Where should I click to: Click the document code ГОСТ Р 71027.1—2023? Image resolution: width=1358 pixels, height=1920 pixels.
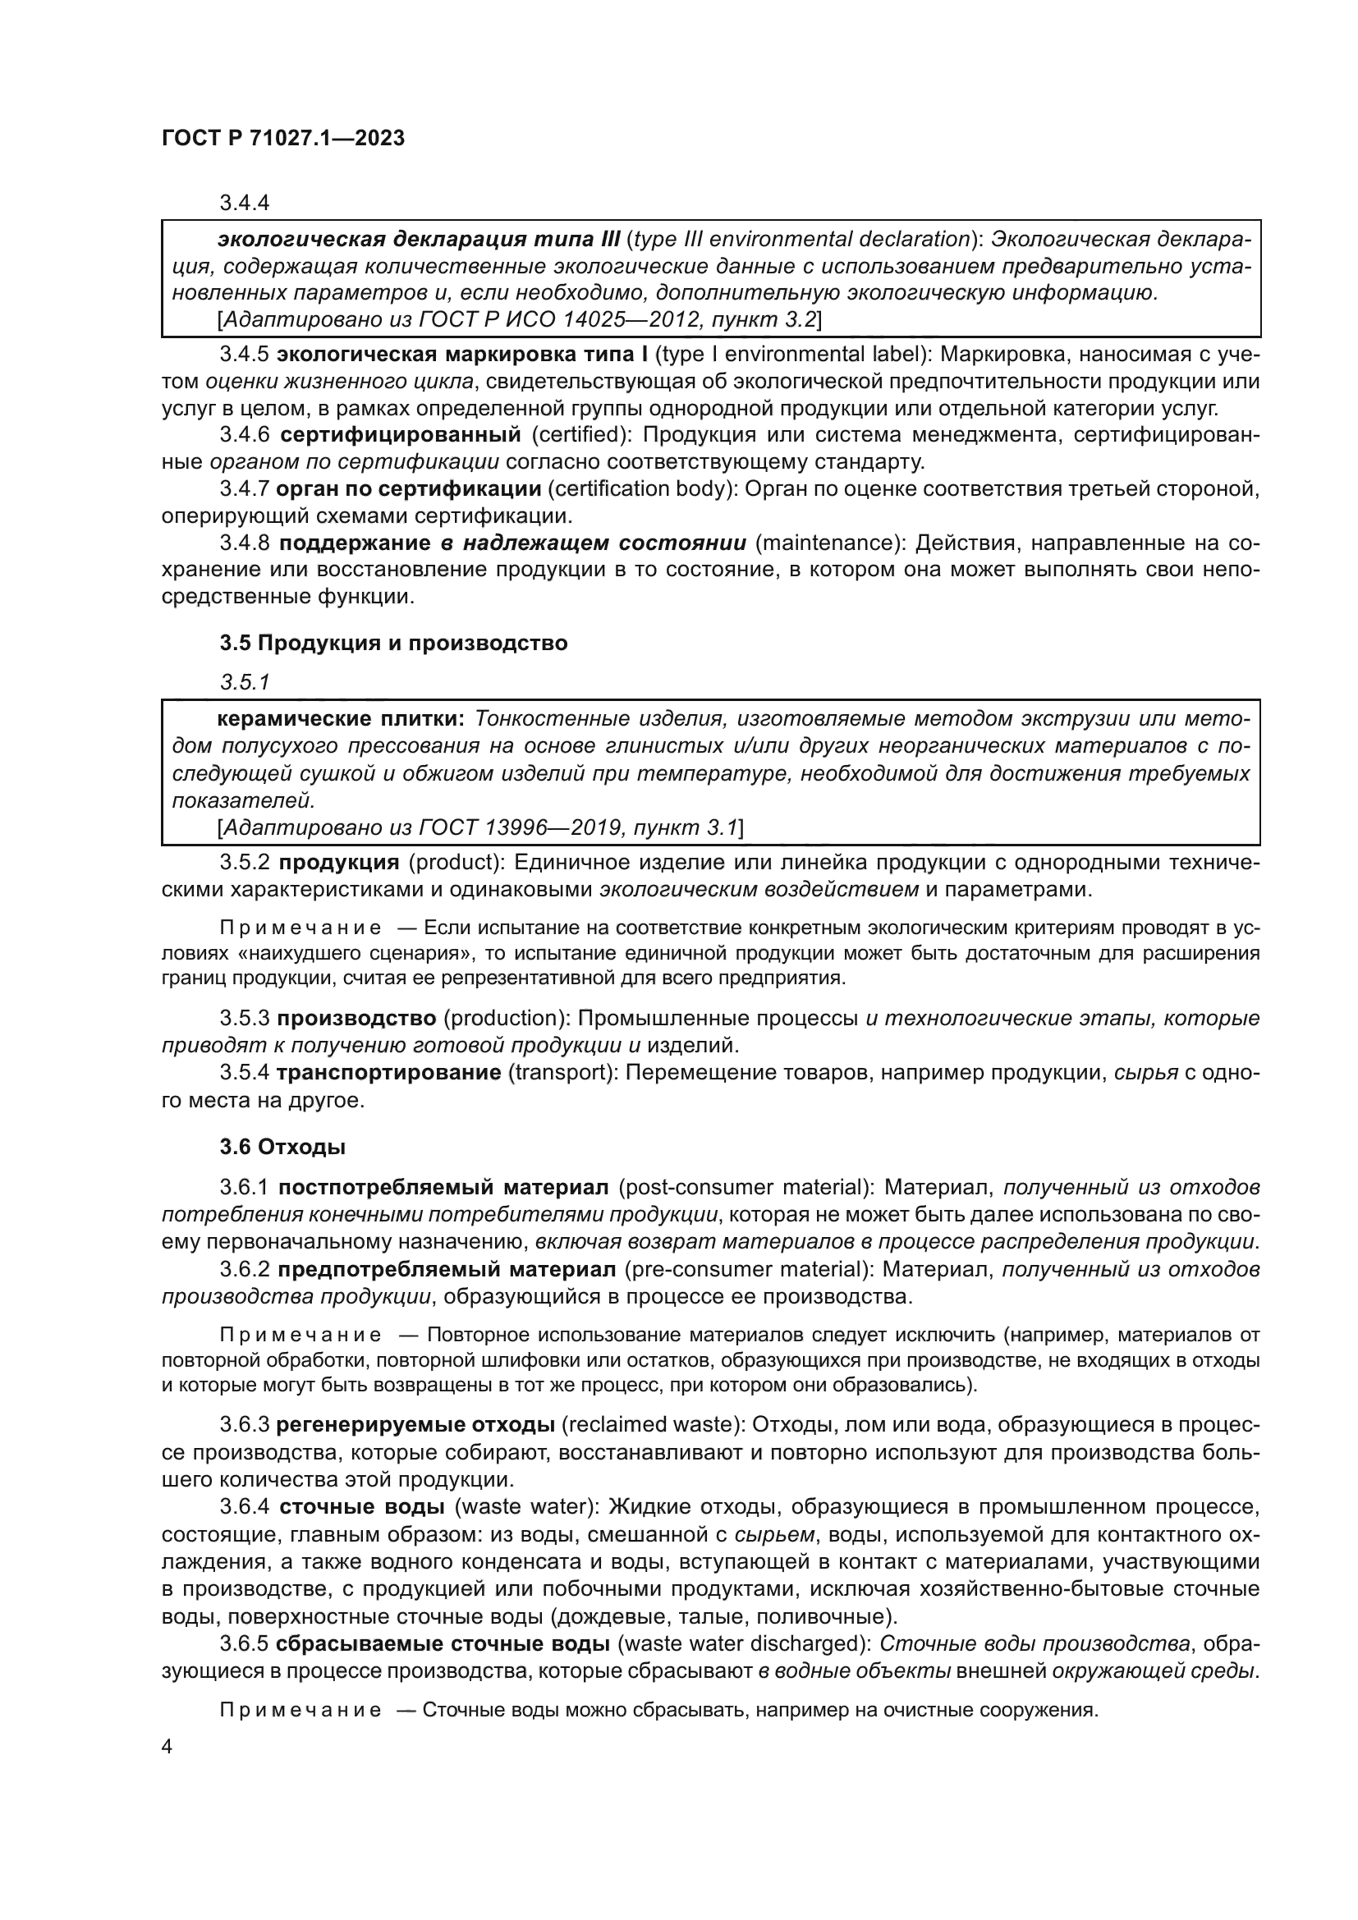282,139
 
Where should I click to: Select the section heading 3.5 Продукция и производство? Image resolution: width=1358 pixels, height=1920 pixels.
394,643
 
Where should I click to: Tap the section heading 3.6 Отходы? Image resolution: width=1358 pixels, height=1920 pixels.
282,1148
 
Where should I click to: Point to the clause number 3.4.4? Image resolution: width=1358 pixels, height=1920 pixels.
244,204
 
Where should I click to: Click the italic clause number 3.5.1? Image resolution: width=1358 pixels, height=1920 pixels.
245,682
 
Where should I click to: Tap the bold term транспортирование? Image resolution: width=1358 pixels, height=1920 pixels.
389,1073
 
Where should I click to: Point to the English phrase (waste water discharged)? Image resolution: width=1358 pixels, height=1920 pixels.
740,1643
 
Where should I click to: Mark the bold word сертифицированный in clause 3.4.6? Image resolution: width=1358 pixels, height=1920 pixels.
401,435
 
